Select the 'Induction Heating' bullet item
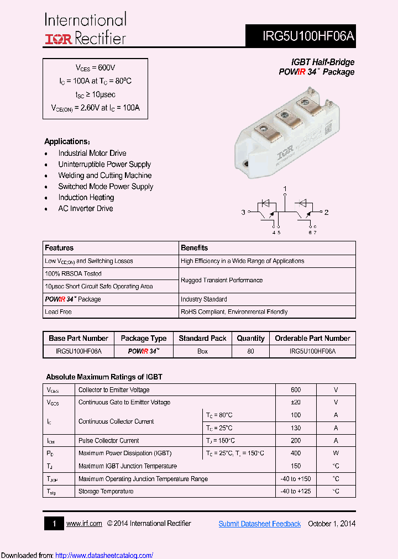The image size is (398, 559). click(x=86, y=197)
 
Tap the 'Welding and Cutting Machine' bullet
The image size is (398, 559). click(x=104, y=175)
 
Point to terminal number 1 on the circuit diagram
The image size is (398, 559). click(x=285, y=189)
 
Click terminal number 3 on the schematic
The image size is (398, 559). click(x=243, y=212)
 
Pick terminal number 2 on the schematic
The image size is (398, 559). click(x=326, y=212)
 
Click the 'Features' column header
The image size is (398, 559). click(x=59, y=248)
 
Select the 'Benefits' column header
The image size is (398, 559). click(x=194, y=248)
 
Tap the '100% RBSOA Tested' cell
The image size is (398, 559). click(x=73, y=273)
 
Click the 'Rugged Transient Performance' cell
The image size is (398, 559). click(x=222, y=280)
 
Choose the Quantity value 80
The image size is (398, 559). click(x=250, y=351)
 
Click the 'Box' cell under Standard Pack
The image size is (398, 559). click(x=202, y=351)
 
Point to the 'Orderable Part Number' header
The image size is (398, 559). click(x=312, y=338)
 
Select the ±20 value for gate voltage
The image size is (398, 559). click(x=295, y=402)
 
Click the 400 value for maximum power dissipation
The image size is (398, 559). click(x=295, y=453)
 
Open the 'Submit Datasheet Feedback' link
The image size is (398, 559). click(x=259, y=524)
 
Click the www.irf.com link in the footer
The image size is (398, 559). click(x=84, y=524)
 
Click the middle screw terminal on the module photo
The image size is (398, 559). click(x=286, y=115)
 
